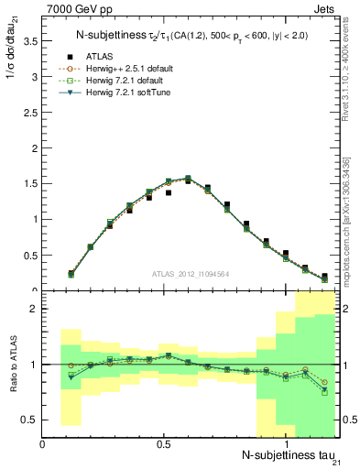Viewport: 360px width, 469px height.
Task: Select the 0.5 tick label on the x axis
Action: pos(164,443)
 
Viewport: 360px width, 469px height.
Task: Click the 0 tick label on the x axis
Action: pos(43,443)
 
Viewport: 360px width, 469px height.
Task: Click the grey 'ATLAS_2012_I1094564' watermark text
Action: pos(190,275)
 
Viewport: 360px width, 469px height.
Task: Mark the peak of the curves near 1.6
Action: pos(188,178)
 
